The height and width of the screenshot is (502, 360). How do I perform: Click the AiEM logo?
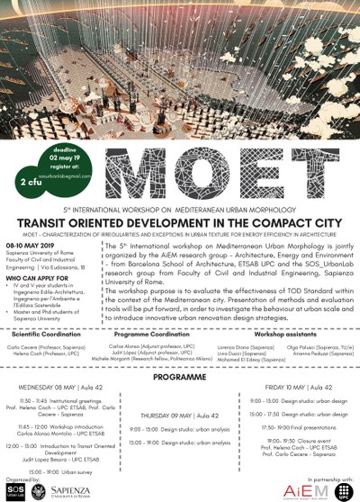tap(286, 487)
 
